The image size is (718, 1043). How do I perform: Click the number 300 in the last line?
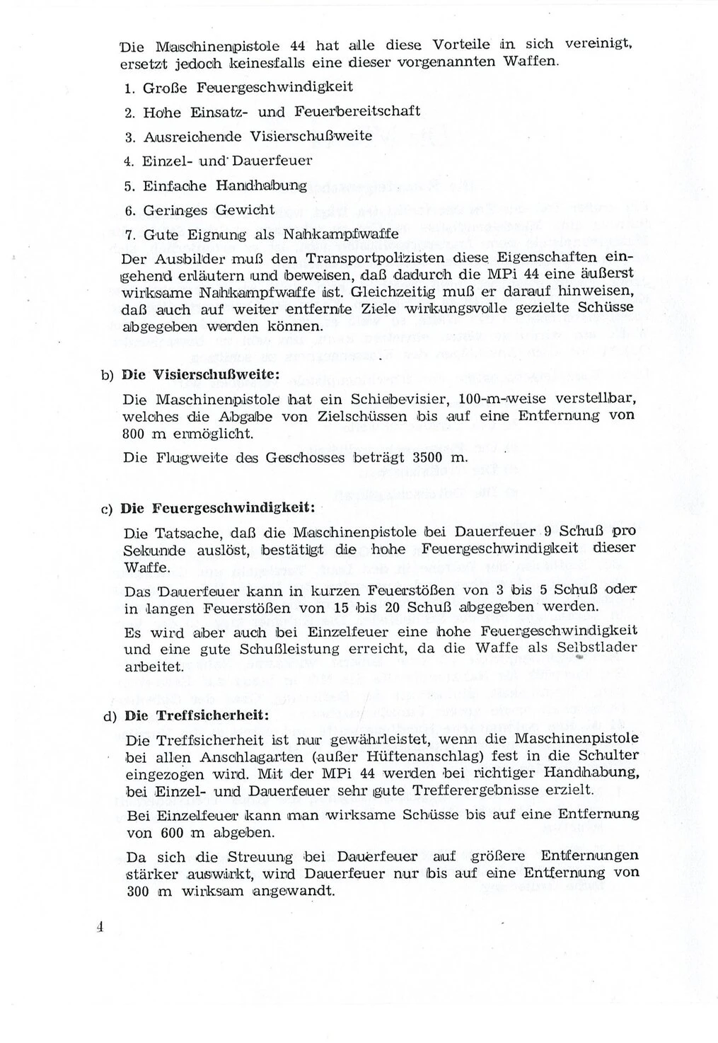point(138,892)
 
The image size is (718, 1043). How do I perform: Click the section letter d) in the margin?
point(109,716)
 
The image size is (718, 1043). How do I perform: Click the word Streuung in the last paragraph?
point(259,858)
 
